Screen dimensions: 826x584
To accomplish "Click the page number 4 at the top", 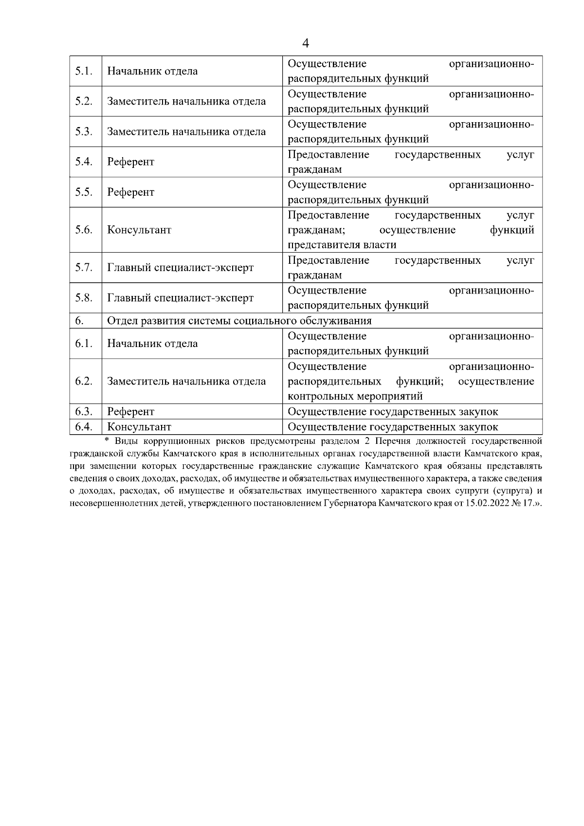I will pos(306,43).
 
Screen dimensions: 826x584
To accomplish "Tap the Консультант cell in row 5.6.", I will pos(139,230).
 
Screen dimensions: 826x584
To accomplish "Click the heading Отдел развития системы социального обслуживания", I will pos(239,321).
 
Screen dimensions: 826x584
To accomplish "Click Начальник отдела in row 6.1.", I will pos(152,343).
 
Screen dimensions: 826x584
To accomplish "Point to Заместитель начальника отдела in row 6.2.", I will pos(186,381).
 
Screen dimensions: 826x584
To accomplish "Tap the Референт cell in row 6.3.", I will pos(130,412).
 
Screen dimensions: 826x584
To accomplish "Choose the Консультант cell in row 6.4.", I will pos(139,427).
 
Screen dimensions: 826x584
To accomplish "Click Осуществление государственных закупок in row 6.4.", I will pos(393,427).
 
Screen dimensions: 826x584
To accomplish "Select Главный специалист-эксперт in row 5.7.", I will pos(180,268).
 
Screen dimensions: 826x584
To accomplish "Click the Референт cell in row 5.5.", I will pos(130,192).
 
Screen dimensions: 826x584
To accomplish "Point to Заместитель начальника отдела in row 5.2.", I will pos(186,101).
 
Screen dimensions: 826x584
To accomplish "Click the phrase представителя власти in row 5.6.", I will pos(342,244).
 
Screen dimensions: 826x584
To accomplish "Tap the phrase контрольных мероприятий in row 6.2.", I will pos(355,396).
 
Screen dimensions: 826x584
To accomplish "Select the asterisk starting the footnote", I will pos(108,441).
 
